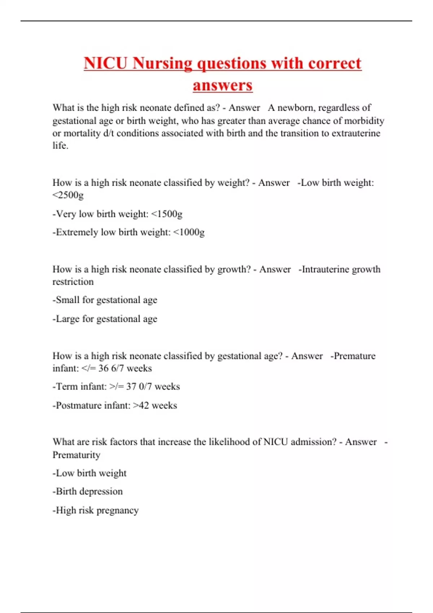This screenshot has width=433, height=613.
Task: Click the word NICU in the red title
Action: click(x=105, y=63)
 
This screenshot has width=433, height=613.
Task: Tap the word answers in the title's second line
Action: click(x=223, y=85)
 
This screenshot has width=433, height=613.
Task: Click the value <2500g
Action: click(x=68, y=195)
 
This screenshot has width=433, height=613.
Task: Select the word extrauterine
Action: click(x=356, y=133)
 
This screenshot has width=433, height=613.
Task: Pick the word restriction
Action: click(x=73, y=282)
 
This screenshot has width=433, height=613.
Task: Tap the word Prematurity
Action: click(x=76, y=455)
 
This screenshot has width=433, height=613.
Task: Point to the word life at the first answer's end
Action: click(x=60, y=145)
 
